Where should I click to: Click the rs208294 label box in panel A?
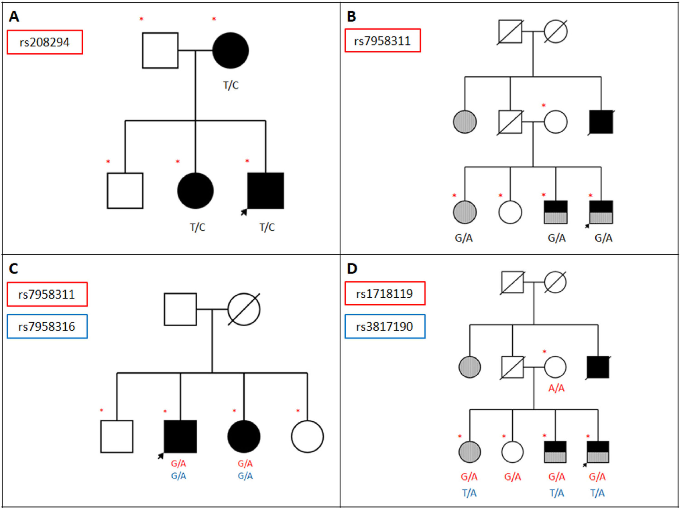coord(44,42)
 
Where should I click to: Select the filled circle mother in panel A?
coord(230,50)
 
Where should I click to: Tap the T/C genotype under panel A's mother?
coord(231,85)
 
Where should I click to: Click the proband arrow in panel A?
coord(244,212)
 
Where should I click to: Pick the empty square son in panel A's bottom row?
coord(125,191)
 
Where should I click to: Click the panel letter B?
coord(351,17)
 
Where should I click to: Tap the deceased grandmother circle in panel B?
coord(556,32)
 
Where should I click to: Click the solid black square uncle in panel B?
coord(601,122)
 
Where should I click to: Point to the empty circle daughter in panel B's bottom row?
coord(510,212)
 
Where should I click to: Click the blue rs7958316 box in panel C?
coord(47,326)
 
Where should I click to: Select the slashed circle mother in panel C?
coord(244,309)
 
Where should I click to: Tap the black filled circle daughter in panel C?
coord(244,436)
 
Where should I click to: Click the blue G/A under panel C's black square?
coord(178,476)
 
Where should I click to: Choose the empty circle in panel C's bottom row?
coord(307,436)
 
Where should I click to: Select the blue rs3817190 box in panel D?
coord(385,326)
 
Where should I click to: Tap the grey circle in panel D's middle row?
coord(470,367)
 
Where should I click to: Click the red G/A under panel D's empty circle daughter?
coord(512,477)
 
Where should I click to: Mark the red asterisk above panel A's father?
coord(141,19)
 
